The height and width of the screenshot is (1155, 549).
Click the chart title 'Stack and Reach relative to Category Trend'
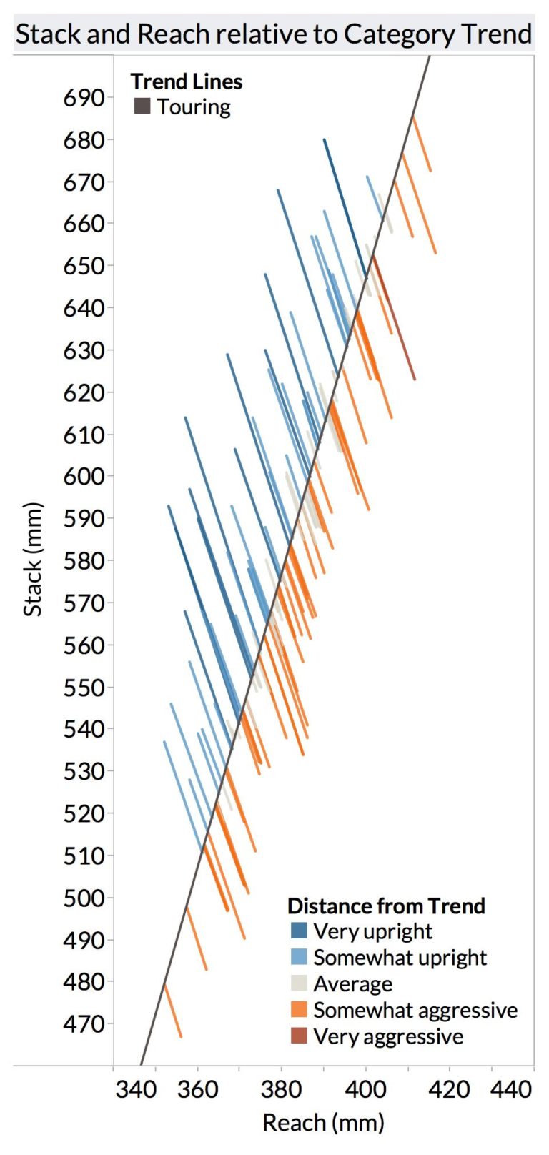tap(274, 34)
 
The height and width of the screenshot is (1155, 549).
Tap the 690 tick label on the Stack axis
tap(84, 98)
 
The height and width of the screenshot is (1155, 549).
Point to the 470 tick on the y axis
tap(84, 1023)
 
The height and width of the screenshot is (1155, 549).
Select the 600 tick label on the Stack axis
tap(84, 476)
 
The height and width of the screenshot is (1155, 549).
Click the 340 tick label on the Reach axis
tap(136, 1089)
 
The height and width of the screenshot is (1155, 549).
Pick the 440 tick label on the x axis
tap(512, 1089)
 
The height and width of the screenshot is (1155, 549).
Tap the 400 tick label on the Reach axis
tap(365, 1089)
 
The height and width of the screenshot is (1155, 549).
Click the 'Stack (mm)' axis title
tap(33, 560)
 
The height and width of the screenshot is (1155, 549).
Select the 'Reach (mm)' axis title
tap(323, 1122)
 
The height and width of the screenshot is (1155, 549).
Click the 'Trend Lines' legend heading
tap(187, 81)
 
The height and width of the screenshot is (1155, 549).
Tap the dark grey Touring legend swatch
tap(142, 106)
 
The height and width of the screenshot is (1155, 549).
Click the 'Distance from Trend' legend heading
tap(386, 906)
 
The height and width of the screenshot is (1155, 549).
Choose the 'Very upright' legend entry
tap(372, 931)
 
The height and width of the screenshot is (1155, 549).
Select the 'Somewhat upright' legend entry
tap(399, 958)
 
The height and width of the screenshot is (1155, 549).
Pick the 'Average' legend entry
tap(352, 984)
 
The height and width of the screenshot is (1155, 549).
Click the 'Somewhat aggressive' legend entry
tap(415, 1010)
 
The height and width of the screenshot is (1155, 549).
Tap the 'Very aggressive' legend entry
tap(387, 1036)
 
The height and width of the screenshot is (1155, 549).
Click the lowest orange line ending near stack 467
tap(173, 1011)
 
